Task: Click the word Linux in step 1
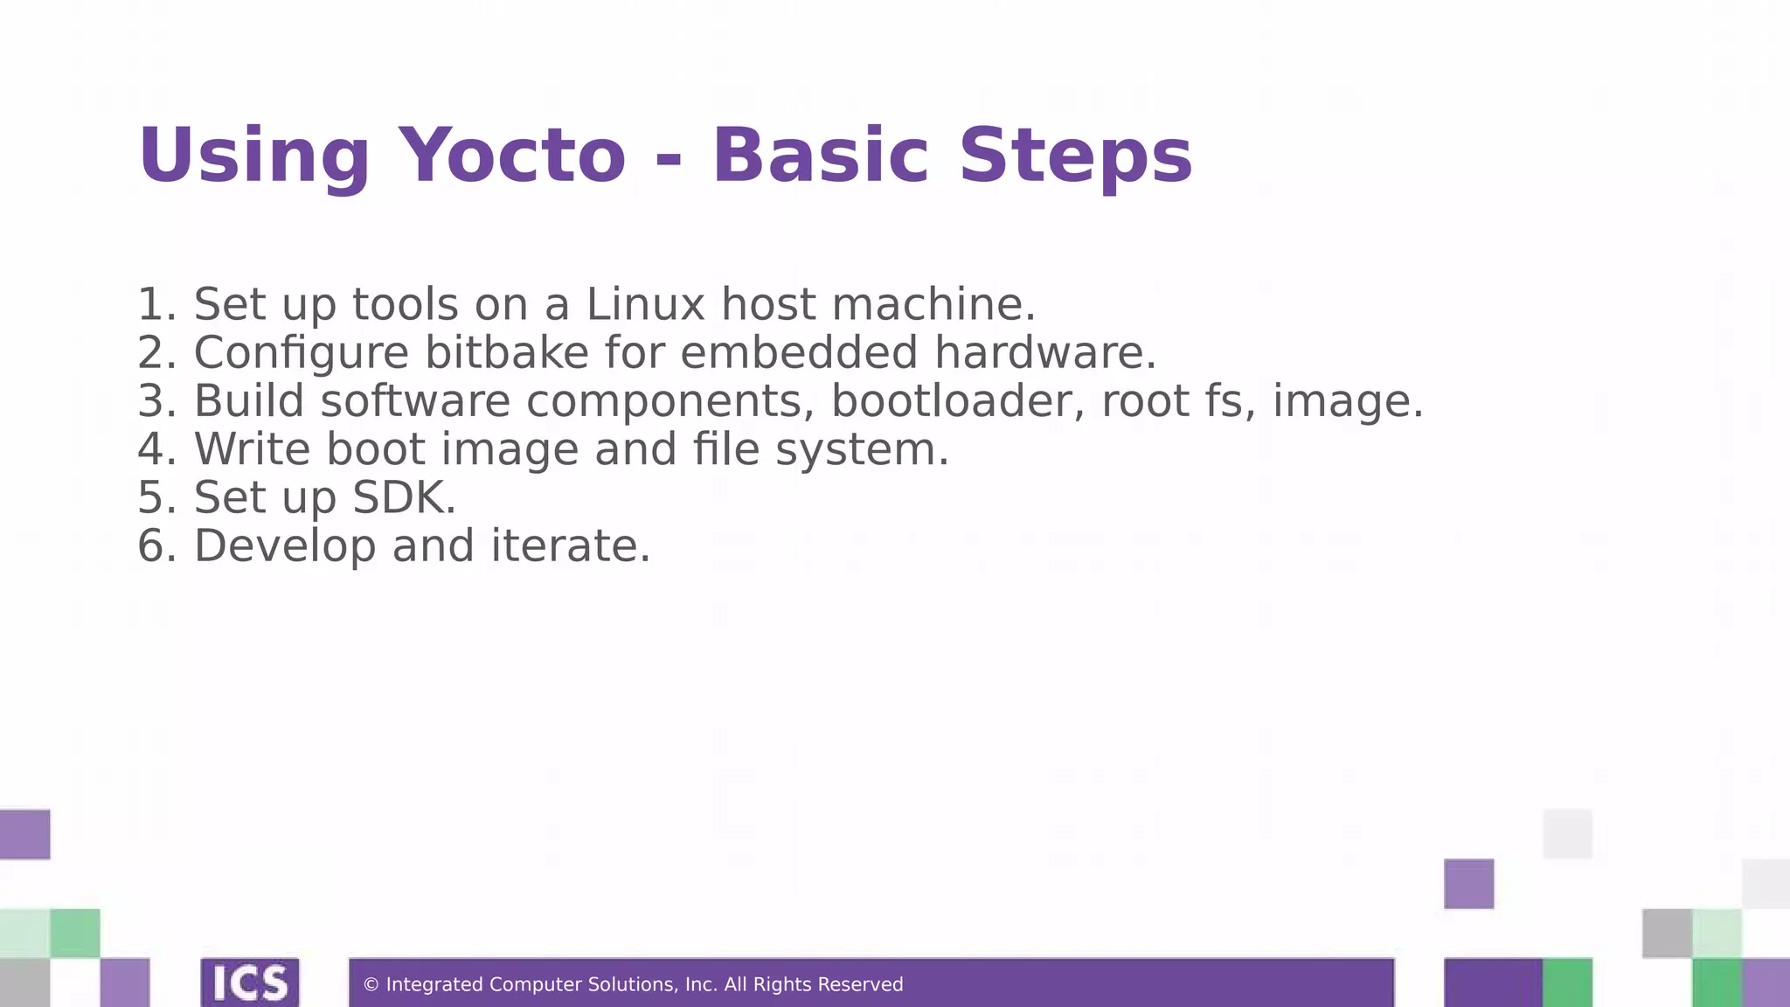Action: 645,304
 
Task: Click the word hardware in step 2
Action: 1044,352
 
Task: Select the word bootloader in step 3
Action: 957,400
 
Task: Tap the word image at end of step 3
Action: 1346,400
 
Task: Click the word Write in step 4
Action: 252,449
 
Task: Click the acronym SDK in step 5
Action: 403,497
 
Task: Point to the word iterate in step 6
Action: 570,545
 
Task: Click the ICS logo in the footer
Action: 250,983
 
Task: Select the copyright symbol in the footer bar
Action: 371,985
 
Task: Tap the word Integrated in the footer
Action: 434,985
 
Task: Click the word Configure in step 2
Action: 301,352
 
